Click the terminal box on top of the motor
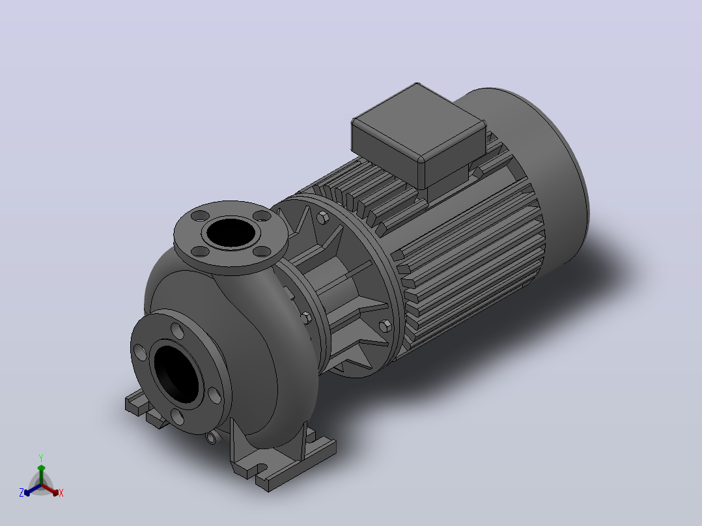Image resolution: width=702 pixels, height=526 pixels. (x=419, y=134)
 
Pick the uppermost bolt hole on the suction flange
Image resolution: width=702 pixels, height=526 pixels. (x=177, y=332)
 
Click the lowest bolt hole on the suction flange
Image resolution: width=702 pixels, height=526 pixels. (x=177, y=417)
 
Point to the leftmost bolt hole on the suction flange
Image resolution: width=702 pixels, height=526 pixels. (x=139, y=352)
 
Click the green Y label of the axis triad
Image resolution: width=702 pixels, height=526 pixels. (x=41, y=458)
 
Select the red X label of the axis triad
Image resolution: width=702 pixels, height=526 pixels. (x=61, y=493)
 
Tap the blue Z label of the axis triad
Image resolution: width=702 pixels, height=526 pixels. (x=21, y=493)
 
